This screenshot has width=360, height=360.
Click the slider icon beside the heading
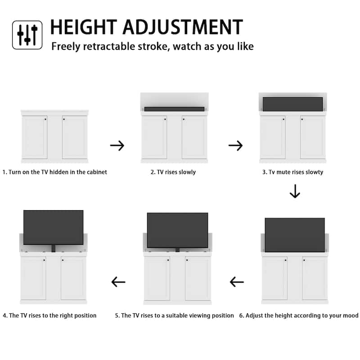(27, 35)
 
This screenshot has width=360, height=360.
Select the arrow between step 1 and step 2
(117, 145)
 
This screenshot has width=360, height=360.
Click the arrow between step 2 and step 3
(235, 145)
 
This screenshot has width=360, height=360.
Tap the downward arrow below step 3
(295, 191)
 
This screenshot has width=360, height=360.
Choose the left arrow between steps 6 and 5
(237, 282)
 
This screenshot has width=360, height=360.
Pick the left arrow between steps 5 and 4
(118, 282)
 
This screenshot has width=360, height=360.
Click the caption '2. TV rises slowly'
(173, 172)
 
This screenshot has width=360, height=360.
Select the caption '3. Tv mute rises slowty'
(292, 172)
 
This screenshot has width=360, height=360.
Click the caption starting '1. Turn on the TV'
(55, 172)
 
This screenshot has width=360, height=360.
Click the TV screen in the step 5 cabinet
(177, 230)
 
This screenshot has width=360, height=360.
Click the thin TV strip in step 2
(174, 109)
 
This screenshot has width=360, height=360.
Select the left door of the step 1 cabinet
(35, 137)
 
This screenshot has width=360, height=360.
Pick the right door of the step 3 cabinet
(312, 137)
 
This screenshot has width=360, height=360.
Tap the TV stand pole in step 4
(53, 247)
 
